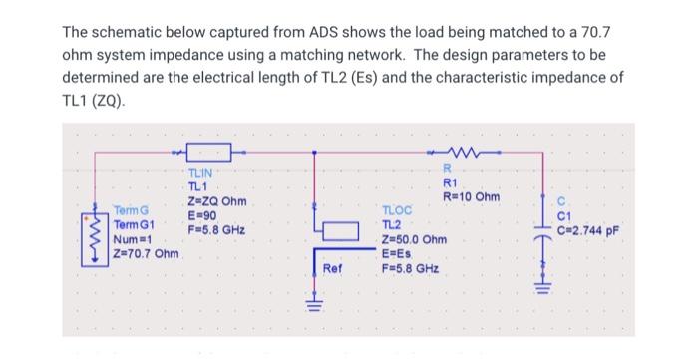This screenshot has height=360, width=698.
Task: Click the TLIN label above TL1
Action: [x=202, y=174]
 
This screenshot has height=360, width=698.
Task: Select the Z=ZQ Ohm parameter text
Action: [x=217, y=201]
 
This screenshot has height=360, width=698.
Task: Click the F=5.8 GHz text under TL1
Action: [x=216, y=228]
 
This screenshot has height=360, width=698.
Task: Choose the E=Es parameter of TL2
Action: [x=397, y=255]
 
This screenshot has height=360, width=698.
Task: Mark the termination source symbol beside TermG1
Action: [x=96, y=238]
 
